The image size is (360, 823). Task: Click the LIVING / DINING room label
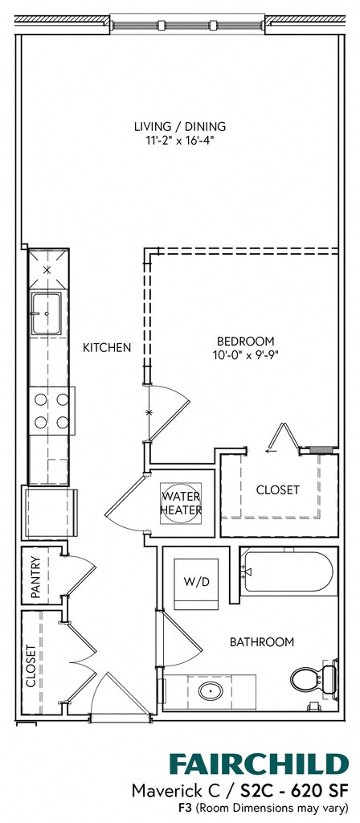180,126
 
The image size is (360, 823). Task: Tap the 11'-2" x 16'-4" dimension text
180,140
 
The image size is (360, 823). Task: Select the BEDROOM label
245,341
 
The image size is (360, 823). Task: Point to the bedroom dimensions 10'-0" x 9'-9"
245,354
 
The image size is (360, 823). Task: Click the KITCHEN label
107,347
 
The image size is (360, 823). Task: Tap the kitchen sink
47,313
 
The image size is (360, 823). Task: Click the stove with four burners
51,411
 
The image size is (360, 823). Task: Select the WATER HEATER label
181,502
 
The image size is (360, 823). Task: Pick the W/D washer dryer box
196,583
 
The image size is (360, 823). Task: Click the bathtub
287,572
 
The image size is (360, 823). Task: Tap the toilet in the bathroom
313,678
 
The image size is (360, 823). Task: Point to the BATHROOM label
262,641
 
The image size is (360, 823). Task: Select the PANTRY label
35,577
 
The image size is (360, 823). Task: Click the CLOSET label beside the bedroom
277,489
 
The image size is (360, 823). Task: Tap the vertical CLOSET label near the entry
31,665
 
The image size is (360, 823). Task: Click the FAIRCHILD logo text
259,765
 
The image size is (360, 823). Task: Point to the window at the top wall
187,25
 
